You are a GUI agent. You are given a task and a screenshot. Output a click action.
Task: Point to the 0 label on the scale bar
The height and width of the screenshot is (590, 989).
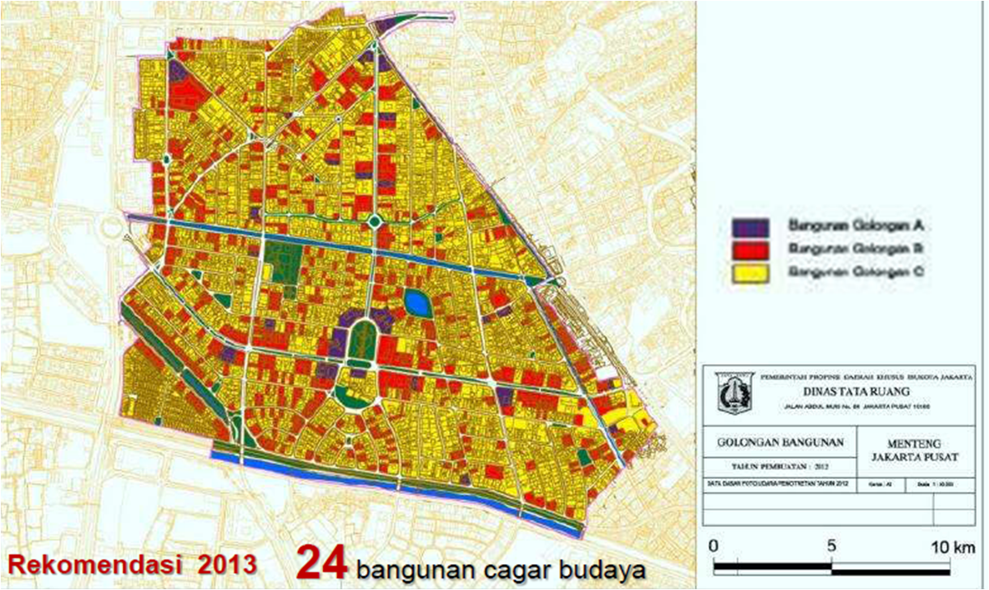pos(711,546)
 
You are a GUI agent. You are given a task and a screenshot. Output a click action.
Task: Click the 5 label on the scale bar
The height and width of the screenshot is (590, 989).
pos(832,546)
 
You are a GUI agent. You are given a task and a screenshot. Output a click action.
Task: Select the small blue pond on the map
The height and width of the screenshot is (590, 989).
pos(418,304)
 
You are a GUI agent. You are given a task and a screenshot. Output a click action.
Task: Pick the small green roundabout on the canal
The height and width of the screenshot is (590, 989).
pos(374,220)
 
